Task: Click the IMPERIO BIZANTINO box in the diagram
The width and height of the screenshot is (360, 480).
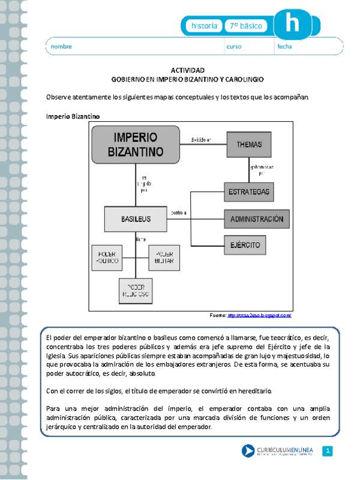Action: pyautogui.click(x=136, y=144)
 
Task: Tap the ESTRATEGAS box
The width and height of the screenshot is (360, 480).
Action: pyautogui.click(x=249, y=192)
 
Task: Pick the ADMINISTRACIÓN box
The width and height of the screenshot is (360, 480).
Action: pyautogui.click(x=257, y=219)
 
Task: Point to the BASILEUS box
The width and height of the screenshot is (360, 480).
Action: pyautogui.click(x=135, y=219)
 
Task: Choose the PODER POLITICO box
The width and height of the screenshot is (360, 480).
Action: pyautogui.click(x=107, y=257)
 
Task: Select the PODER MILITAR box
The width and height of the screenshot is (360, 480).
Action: pyautogui.click(x=160, y=257)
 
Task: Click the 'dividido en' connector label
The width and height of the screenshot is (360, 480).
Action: pyautogui.click(x=201, y=139)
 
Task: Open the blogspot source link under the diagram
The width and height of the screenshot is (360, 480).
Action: pyautogui.click(x=259, y=315)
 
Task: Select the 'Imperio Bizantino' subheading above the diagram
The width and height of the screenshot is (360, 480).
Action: pyautogui.click(x=73, y=115)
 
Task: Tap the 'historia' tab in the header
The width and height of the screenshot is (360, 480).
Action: pyautogui.click(x=204, y=26)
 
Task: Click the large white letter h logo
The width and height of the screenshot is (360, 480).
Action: pyautogui.click(x=293, y=24)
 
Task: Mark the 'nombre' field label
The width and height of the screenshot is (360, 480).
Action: pyautogui.click(x=61, y=46)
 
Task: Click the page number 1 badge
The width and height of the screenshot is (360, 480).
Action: pyautogui.click(x=327, y=451)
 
